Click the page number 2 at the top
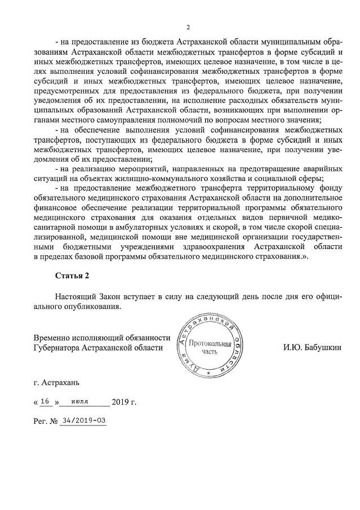point(188,27)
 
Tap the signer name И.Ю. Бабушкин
point(312,348)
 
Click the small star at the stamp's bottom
point(208,374)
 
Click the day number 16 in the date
point(47,402)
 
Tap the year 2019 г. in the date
point(124,402)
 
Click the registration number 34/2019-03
point(85,420)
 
